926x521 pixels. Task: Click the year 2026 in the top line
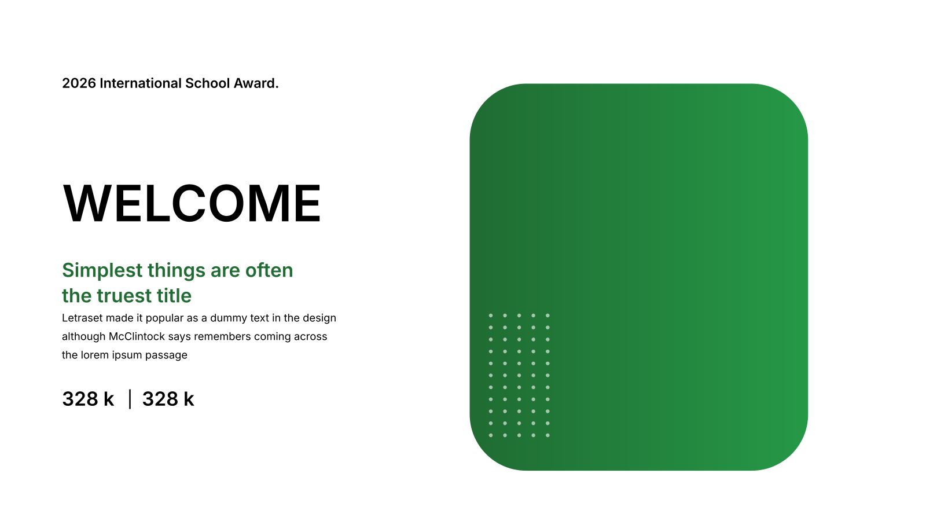point(79,83)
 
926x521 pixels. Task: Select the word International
point(141,83)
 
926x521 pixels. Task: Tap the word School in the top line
point(208,83)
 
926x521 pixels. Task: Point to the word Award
point(256,83)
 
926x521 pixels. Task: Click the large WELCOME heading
point(192,203)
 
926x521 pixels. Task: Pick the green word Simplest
point(102,271)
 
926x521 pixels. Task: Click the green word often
point(269,270)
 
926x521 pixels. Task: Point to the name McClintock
point(137,336)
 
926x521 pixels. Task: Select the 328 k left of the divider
point(88,399)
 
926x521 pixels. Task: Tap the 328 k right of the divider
point(168,399)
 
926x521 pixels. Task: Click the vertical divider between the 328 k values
point(130,399)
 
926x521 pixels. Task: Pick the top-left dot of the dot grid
point(491,315)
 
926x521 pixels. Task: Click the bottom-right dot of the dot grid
point(547,435)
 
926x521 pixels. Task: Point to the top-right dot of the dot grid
point(547,315)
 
